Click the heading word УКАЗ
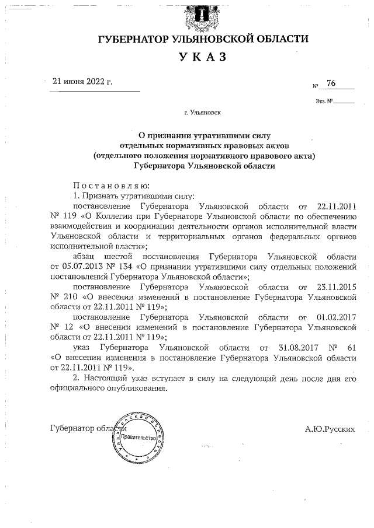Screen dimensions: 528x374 (202, 57)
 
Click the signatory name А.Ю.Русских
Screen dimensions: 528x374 (330, 429)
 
